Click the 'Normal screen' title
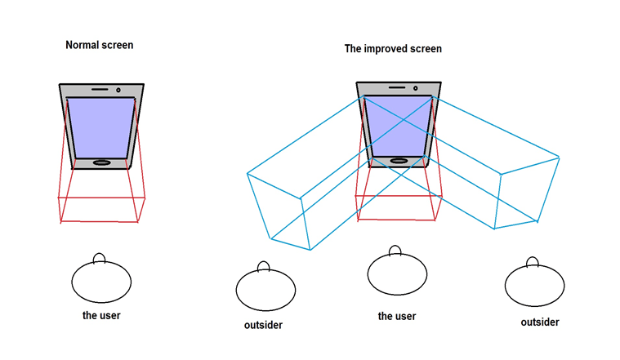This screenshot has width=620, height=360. coord(99,45)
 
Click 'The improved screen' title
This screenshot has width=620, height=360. coord(393,49)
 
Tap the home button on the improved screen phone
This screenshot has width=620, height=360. coord(398,161)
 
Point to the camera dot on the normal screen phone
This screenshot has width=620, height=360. coord(119,89)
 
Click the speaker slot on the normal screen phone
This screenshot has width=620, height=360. coord(100,88)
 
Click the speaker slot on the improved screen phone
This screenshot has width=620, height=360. coord(396,86)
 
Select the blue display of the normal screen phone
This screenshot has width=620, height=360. coord(101,127)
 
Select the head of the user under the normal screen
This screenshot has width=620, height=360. coord(101,282)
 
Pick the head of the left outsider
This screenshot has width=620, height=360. coord(265,289)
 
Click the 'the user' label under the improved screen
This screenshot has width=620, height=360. coord(396,316)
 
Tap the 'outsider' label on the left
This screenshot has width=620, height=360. coord(263,326)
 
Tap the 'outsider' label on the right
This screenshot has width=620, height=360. coord(540,322)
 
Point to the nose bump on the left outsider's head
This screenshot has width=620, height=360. coord(264,266)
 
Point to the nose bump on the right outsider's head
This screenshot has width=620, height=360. coord(533,262)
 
